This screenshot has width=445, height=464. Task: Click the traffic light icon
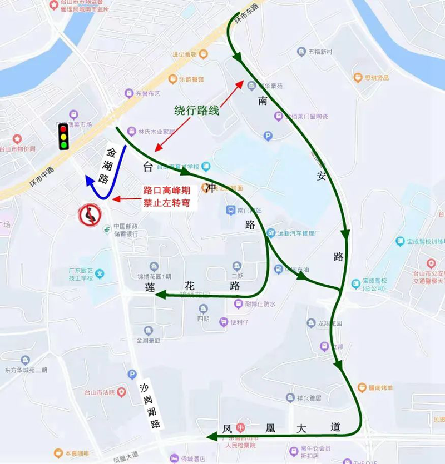[x=63, y=136]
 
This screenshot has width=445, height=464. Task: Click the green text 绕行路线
[x=196, y=110]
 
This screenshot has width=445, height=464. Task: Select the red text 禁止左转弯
[x=170, y=203]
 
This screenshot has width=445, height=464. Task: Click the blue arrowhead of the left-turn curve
[x=90, y=181]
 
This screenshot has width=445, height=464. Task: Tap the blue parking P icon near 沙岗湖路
[x=132, y=374]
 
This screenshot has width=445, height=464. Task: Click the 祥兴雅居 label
[x=309, y=397]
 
